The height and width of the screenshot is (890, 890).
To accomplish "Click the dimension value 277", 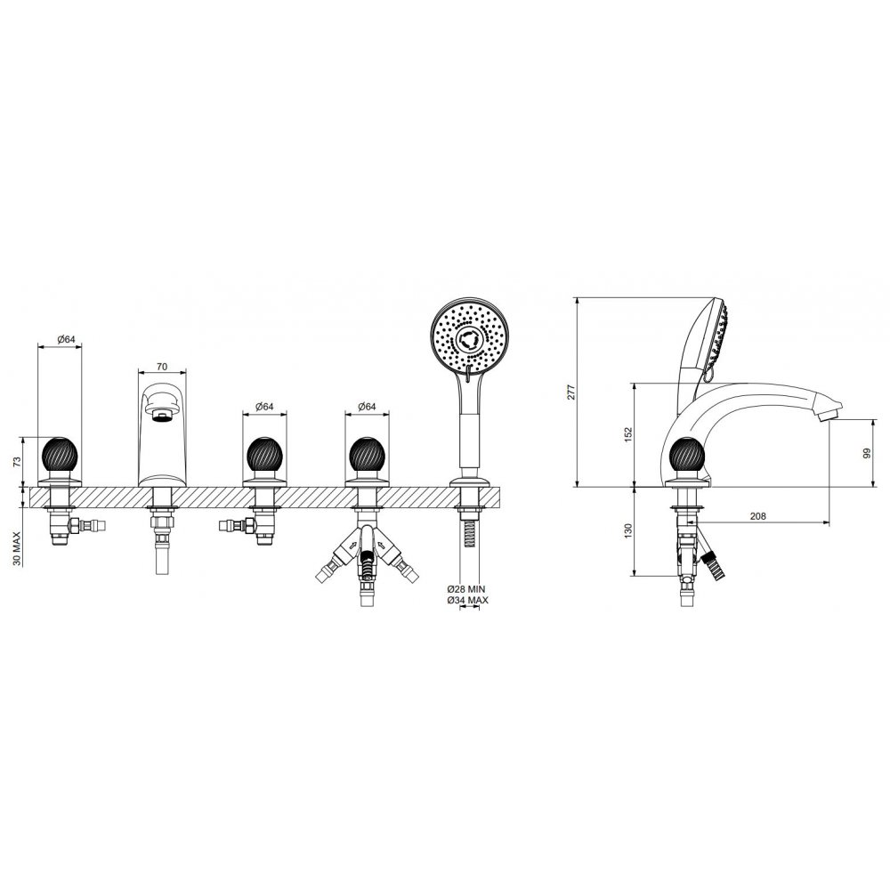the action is click(571, 392).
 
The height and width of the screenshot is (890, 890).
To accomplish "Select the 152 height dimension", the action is click(628, 435).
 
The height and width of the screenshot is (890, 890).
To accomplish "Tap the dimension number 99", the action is click(866, 454).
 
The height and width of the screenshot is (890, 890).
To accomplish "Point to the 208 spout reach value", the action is click(757, 516).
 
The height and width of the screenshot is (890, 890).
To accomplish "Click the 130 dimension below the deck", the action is click(628, 531).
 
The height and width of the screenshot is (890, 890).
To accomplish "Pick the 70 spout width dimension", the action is click(162, 367).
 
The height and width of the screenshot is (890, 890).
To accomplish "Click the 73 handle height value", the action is click(16, 461).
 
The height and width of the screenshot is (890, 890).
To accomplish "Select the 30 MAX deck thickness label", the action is click(16, 548).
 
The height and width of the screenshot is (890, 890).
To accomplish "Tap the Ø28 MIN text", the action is click(466, 589).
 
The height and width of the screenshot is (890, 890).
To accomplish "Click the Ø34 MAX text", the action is click(468, 600).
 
